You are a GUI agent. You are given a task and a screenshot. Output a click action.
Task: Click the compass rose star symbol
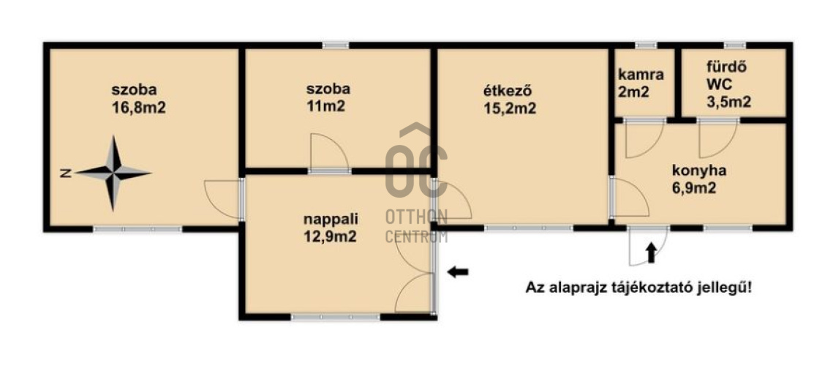coord(113,173)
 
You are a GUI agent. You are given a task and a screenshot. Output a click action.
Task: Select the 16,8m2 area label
coord(139,108)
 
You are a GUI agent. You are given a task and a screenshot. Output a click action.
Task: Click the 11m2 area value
coord(325,106)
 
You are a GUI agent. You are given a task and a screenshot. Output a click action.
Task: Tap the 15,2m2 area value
coord(509,108)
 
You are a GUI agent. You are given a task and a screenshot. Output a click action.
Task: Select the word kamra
coord(641,75)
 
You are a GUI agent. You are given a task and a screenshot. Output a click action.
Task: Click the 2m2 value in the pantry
coord(633,92)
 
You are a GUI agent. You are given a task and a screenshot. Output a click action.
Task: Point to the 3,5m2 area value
coord(728,102)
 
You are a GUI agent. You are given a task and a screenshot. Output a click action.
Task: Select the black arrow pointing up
coord(651,253)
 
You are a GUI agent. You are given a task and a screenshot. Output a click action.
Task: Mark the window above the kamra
coord(646,45)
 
